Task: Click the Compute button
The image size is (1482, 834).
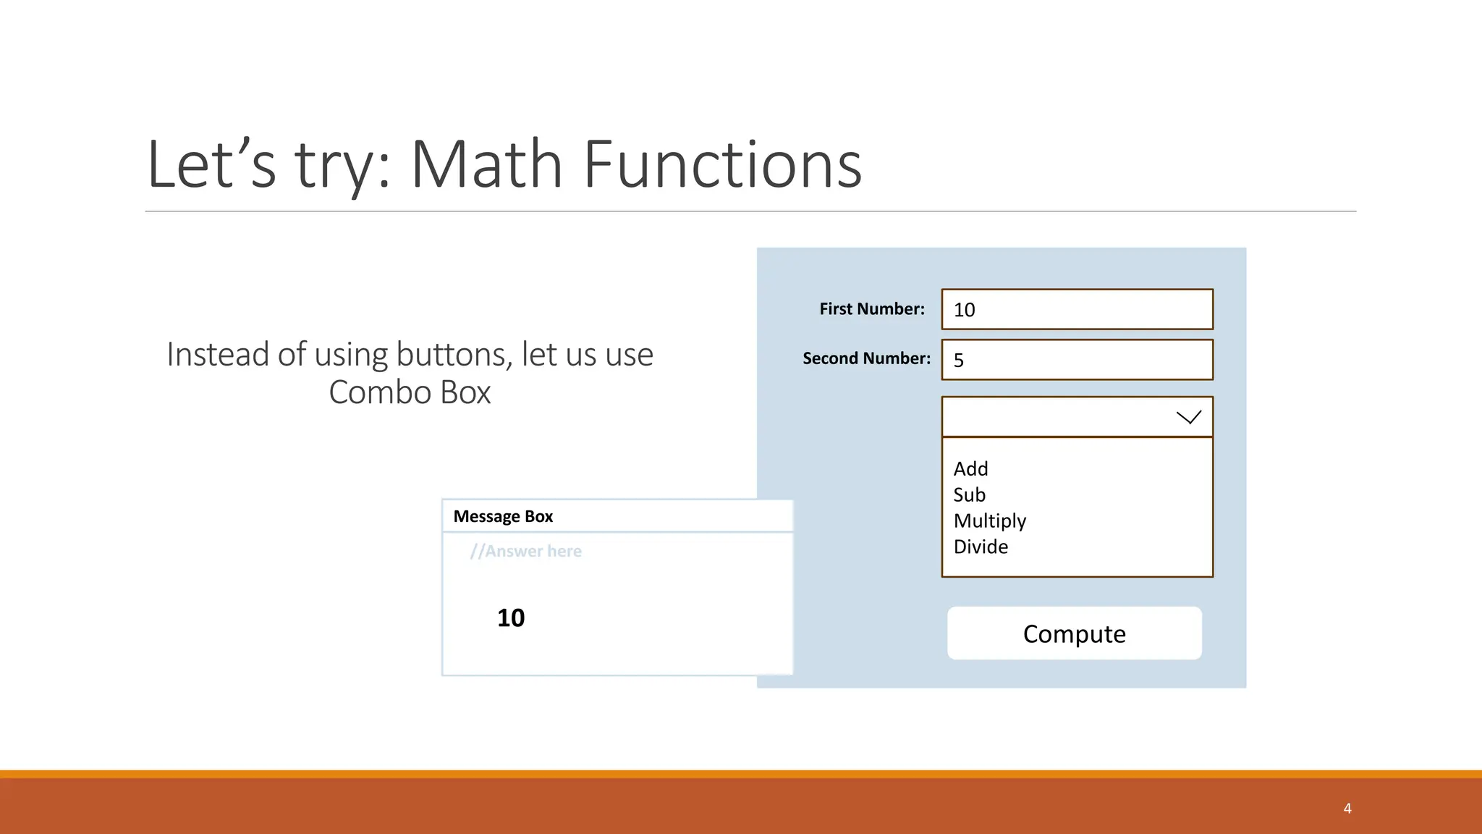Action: coord(1074,633)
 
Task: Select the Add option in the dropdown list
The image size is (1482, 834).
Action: coord(970,469)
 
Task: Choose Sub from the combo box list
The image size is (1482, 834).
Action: coord(969,495)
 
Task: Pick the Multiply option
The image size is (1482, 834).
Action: coord(989,521)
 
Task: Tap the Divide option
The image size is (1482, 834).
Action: coord(981,547)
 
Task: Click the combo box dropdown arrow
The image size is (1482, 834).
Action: coord(1188,417)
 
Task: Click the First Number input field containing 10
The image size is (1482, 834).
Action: coord(1077,310)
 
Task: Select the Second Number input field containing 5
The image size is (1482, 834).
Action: coord(1077,360)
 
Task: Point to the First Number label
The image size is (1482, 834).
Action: coord(871,309)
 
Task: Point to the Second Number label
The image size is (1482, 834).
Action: coord(866,358)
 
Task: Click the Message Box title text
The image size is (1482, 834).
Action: coord(503,517)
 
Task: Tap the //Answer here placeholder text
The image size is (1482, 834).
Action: coord(525,552)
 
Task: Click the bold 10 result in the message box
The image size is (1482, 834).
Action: coord(511,618)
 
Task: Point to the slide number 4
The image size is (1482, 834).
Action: coord(1347,809)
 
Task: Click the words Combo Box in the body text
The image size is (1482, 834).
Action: coord(410,392)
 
